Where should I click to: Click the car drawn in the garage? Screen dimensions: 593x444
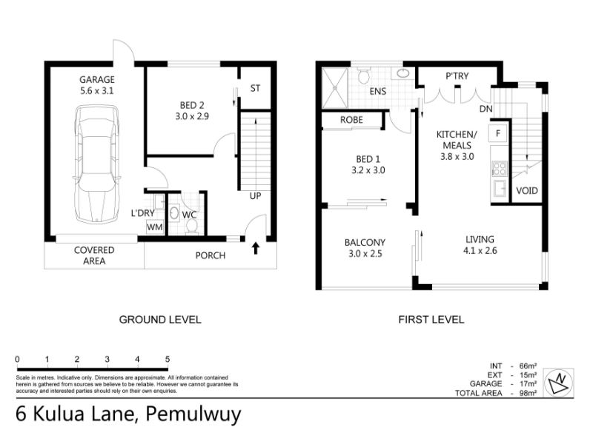[x=97, y=164]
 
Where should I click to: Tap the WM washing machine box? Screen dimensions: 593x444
[x=155, y=227]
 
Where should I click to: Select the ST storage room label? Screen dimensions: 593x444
[x=255, y=88]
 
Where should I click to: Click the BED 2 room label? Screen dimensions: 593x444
[x=192, y=105]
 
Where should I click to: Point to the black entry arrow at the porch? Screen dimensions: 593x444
[x=256, y=248]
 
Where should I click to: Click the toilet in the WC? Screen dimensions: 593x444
[x=192, y=226]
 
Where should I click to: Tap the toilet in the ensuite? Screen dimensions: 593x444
[x=364, y=76]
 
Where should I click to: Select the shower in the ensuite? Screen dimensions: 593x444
[x=335, y=88]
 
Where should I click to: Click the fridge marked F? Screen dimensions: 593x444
[x=498, y=133]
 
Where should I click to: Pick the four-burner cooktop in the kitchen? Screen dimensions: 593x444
[x=499, y=169]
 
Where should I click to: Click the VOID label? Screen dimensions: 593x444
[x=527, y=191]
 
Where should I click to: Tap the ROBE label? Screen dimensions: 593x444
[x=351, y=120]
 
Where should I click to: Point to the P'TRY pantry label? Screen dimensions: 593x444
[x=457, y=76]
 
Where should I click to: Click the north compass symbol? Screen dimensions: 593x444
[x=559, y=383]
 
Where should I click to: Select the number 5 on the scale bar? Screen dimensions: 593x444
[x=168, y=359]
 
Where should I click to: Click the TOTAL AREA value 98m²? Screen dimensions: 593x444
[x=528, y=393]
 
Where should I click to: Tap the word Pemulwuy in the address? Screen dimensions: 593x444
[x=193, y=414]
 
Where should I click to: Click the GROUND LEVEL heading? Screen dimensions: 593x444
[x=160, y=320]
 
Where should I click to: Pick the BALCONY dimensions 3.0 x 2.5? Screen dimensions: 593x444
[x=365, y=254]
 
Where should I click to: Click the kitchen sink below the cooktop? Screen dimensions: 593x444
[x=500, y=189]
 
